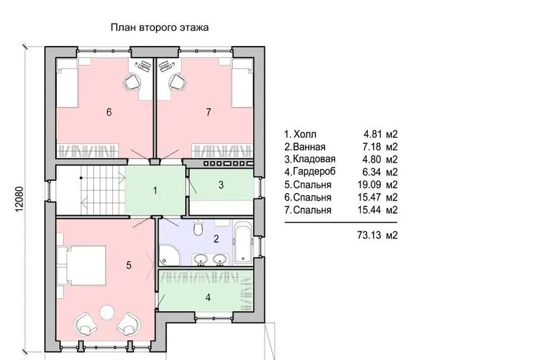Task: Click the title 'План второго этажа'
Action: (159, 28)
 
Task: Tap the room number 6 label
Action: (109, 112)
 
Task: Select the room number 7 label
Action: (208, 112)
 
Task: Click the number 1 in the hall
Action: (155, 191)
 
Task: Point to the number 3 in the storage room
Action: (221, 185)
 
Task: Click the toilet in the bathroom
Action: (198, 227)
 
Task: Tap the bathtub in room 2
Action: (243, 243)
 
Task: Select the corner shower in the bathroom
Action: (169, 255)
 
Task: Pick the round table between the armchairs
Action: (107, 313)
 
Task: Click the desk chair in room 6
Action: (132, 82)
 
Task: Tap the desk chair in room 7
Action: (178, 82)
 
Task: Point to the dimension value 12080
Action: (19, 199)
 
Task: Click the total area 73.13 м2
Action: (377, 235)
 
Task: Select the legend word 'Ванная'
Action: (309, 147)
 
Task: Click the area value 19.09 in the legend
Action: (369, 184)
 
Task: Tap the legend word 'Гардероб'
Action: (314, 172)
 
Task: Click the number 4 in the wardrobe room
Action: (208, 298)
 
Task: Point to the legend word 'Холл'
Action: (305, 134)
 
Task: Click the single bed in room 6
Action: (67, 83)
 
